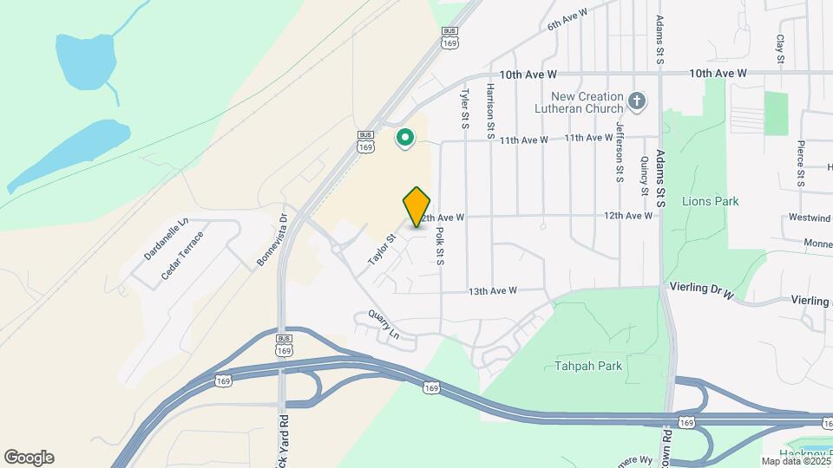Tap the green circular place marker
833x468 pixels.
coord(404,137)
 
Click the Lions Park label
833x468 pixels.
coord(710,201)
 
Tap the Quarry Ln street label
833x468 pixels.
coord(383,325)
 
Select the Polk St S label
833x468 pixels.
coord(440,245)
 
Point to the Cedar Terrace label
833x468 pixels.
coord(182,255)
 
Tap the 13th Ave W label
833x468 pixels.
coord(493,290)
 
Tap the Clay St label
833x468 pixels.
coord(780,49)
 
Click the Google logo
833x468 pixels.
coord(29,458)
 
